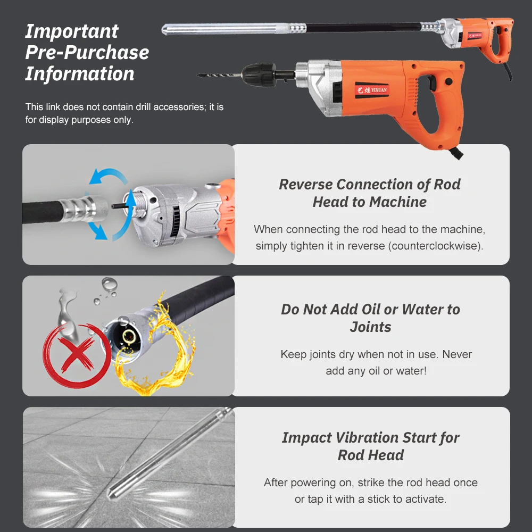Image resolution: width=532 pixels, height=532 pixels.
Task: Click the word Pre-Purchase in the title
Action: tap(87, 53)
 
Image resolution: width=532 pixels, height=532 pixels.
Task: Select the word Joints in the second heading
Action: tap(370, 327)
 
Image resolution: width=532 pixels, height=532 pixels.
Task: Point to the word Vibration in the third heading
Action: tap(371, 438)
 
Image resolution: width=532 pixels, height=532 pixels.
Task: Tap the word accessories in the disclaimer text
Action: tap(177, 107)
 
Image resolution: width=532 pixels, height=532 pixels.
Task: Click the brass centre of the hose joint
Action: tap(128, 336)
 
